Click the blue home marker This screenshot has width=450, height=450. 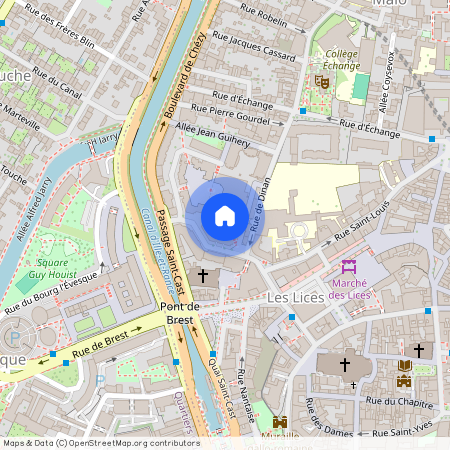pyautogui.click(x=224, y=216)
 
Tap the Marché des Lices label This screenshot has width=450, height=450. pyautogui.click(x=349, y=288)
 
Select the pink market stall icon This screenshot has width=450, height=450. pyautogui.click(x=349, y=266)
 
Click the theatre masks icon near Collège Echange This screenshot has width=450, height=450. pyautogui.click(x=322, y=80)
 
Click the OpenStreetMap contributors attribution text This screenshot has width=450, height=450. pyautogui.click(x=100, y=443)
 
